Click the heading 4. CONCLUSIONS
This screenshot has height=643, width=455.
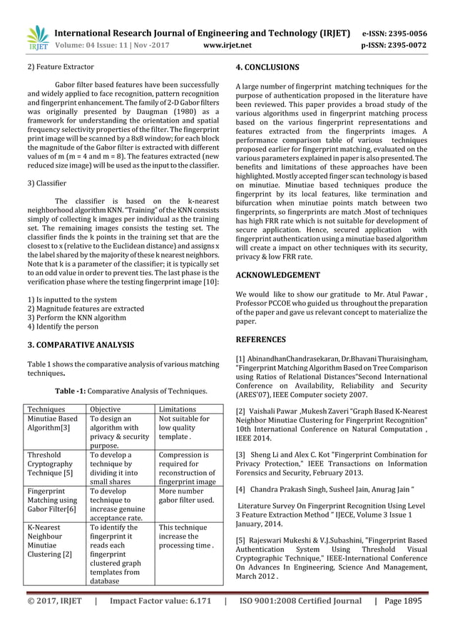point(267,68)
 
